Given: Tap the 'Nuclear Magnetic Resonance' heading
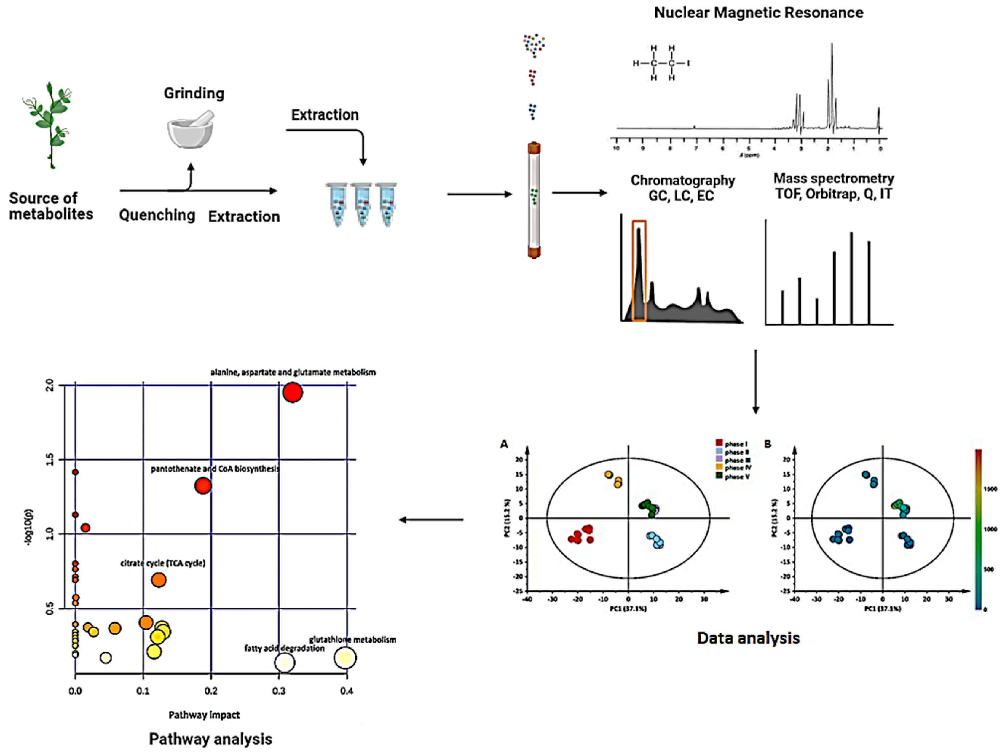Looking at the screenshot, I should tap(758, 13).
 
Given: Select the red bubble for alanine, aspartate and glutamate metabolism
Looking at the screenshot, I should tap(293, 392).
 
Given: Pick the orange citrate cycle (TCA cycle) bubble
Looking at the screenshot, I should tap(159, 580).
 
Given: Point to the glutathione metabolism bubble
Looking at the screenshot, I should tap(345, 658).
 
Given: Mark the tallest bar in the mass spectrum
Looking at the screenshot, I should tap(851, 278).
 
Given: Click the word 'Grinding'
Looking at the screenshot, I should tap(194, 93).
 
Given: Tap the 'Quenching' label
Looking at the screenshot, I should tap(157, 215).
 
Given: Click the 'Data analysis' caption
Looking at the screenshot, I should tap(748, 638).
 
